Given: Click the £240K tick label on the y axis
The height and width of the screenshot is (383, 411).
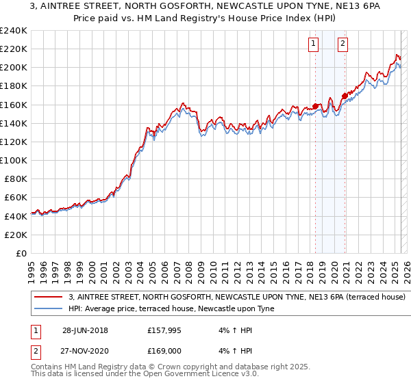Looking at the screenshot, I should click(14, 31).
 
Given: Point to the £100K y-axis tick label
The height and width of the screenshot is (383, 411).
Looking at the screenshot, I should click(14, 160).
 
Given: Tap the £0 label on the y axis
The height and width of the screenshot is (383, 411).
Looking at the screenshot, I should click(21, 253).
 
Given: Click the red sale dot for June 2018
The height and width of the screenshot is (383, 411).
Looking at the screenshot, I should click(315, 107).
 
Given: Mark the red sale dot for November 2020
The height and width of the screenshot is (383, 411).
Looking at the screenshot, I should click(345, 96).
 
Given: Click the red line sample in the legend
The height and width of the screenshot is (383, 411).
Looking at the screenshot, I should click(49, 298).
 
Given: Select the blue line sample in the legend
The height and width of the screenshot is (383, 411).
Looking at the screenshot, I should click(49, 308).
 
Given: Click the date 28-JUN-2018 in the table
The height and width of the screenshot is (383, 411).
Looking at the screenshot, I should click(85, 330).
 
